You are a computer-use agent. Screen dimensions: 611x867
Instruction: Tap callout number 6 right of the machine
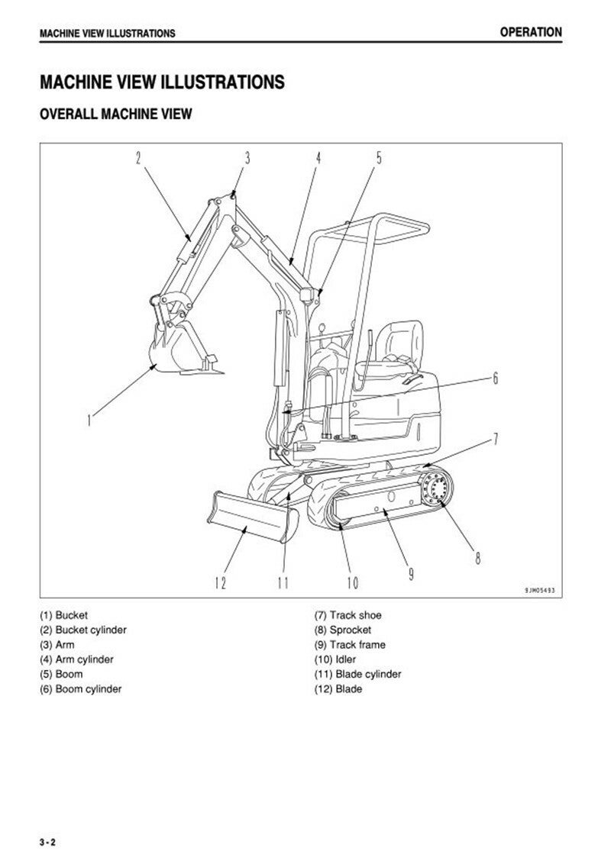(496, 379)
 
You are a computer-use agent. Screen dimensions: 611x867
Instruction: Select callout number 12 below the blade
(220, 583)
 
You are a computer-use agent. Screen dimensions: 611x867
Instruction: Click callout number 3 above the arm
(247, 158)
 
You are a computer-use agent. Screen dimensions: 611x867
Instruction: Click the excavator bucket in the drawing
(177, 348)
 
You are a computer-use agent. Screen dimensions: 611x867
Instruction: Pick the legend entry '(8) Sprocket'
(343, 630)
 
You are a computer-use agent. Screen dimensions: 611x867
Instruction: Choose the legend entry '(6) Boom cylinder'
(81, 689)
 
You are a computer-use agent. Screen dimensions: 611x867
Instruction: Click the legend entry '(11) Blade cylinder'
(357, 674)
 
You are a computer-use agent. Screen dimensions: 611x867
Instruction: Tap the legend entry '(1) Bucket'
(63, 615)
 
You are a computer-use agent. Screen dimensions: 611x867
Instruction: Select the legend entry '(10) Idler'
(335, 659)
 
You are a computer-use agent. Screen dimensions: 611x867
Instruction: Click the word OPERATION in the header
(531, 32)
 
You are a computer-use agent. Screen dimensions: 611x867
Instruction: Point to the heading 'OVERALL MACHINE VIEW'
(115, 114)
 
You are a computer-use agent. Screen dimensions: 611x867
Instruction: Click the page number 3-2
(47, 843)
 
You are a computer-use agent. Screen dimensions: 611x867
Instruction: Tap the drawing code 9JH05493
(540, 591)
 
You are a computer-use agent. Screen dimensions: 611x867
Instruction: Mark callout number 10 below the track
(353, 583)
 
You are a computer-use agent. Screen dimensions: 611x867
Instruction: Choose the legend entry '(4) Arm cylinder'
(76, 659)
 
